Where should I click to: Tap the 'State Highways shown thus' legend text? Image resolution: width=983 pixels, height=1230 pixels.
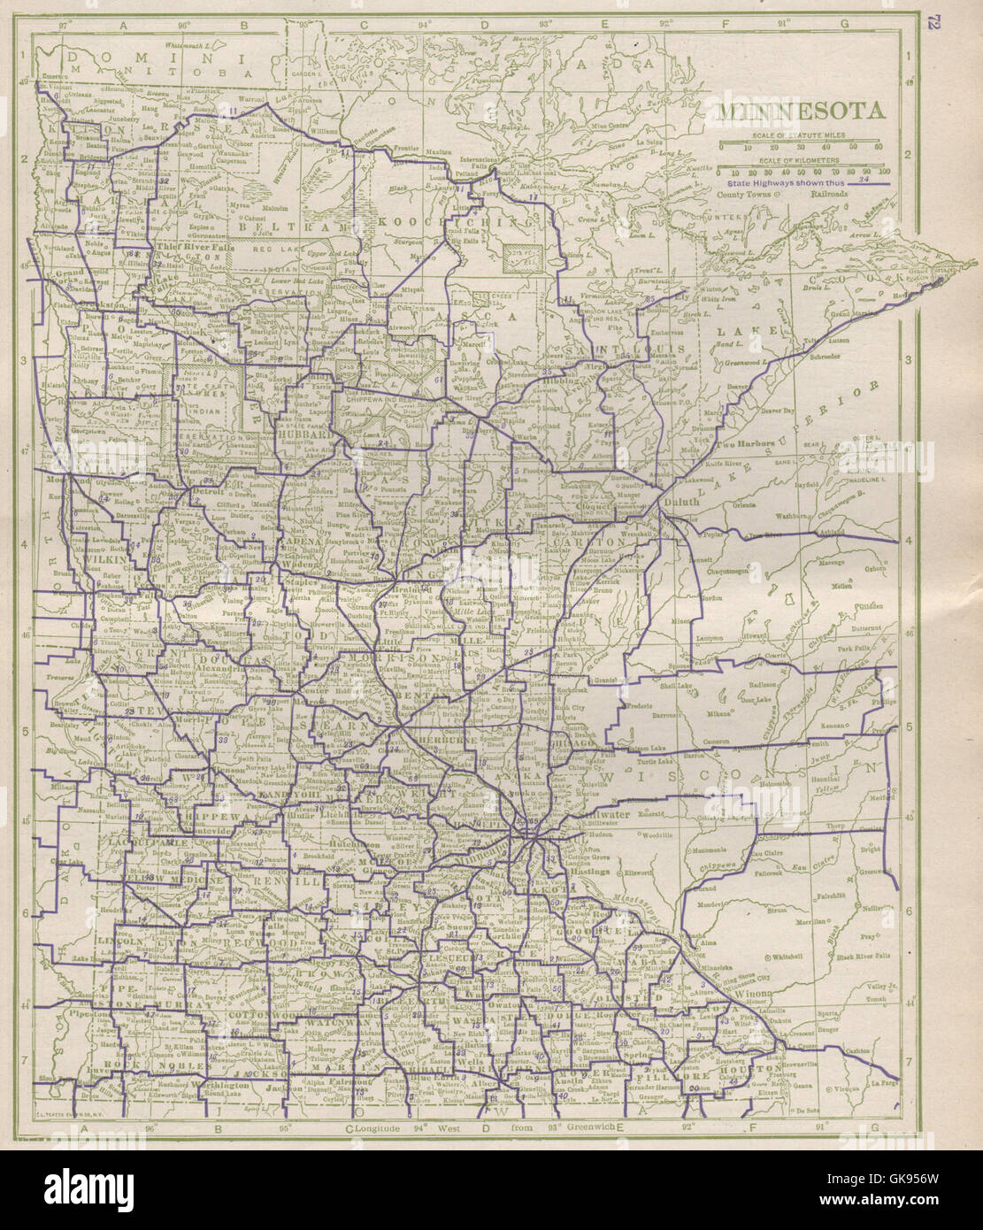coord(773,181)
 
